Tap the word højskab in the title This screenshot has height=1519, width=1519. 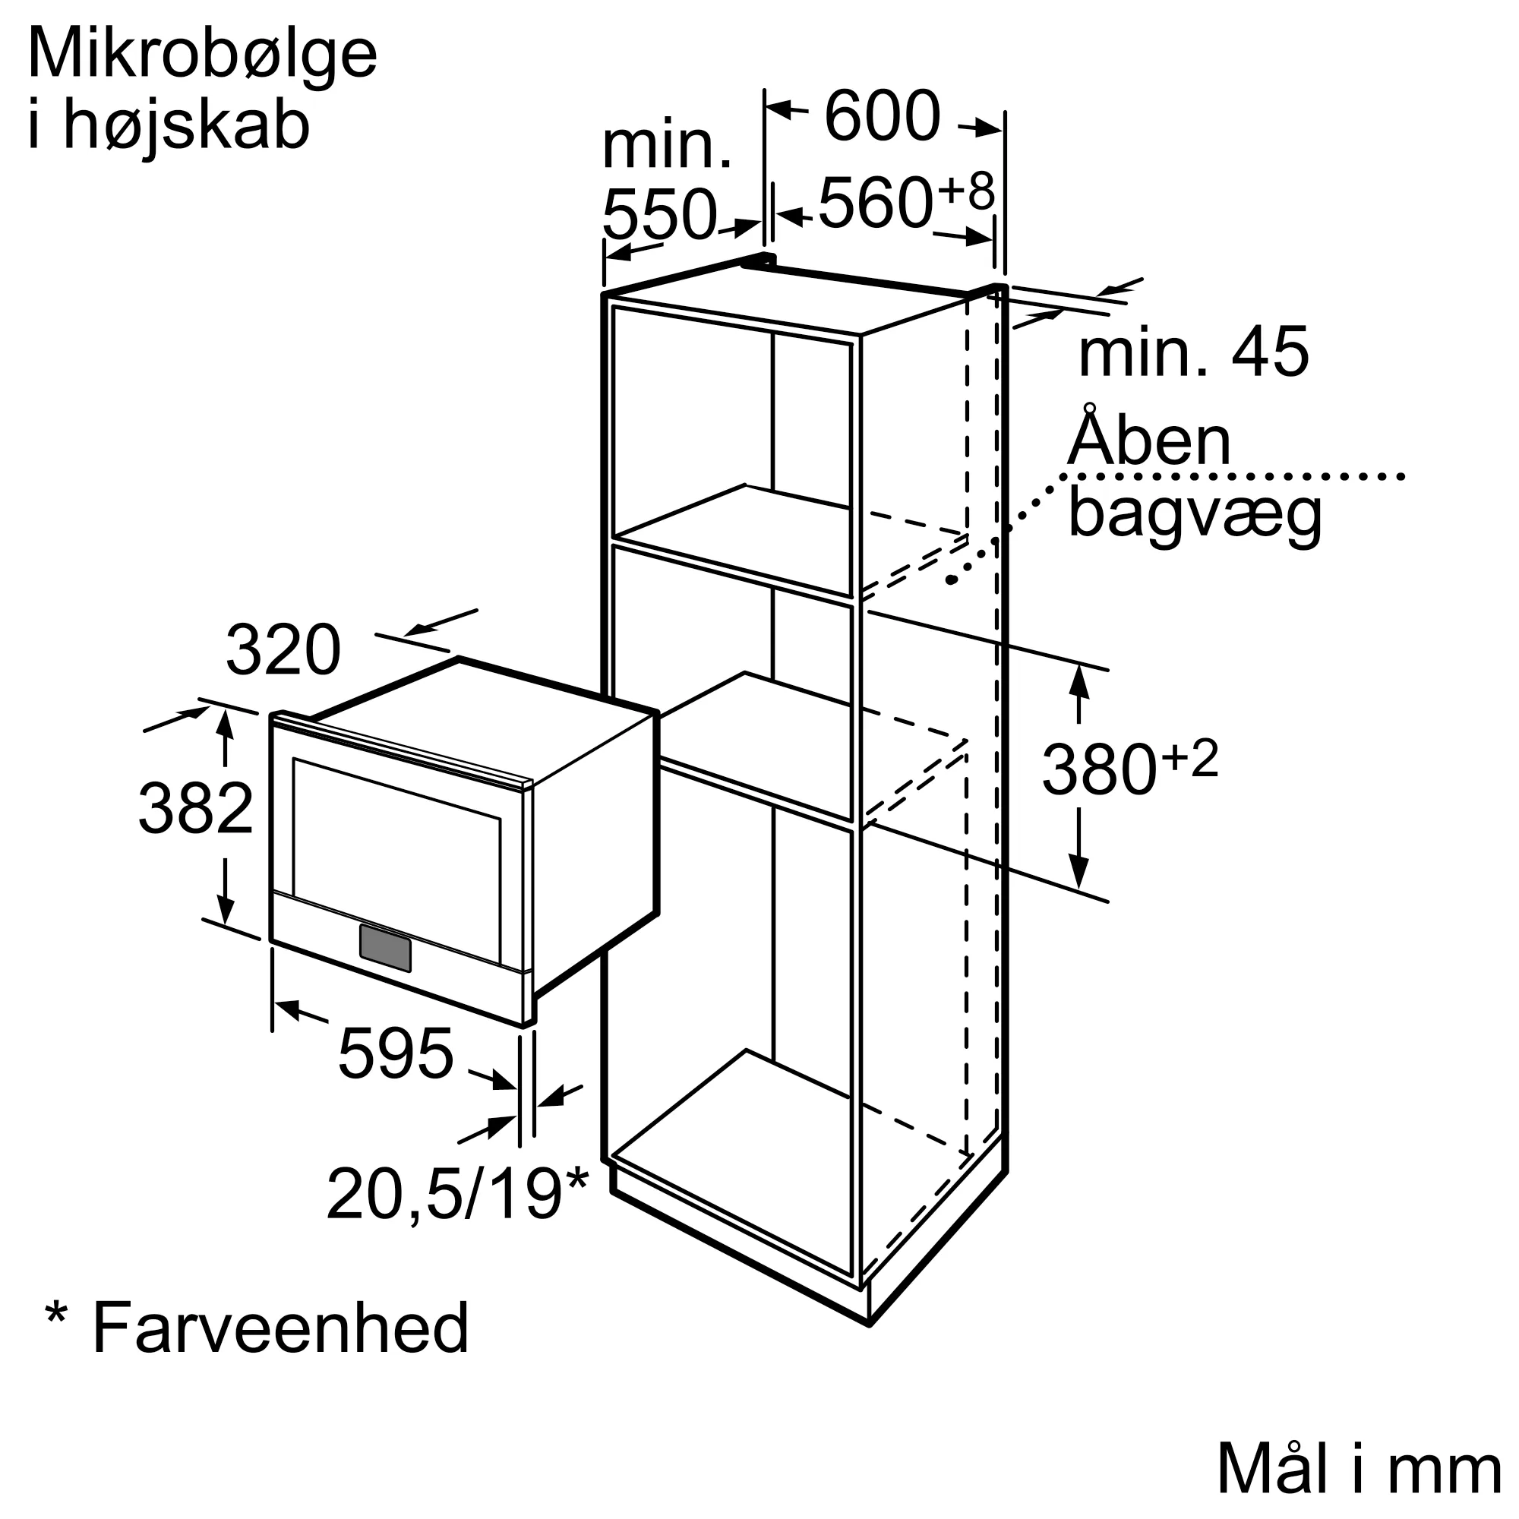(x=186, y=126)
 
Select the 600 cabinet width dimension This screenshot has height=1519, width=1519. (x=881, y=116)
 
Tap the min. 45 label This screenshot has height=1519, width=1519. (x=1192, y=352)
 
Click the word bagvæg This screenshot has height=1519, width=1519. (x=1194, y=514)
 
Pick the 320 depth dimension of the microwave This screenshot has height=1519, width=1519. (x=283, y=650)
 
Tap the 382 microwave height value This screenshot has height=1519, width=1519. (x=196, y=809)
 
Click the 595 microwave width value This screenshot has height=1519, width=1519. (x=396, y=1053)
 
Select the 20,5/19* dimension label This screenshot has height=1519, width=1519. (x=456, y=1194)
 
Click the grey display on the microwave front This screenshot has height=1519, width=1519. (x=385, y=947)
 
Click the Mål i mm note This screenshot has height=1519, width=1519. (x=1360, y=1468)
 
